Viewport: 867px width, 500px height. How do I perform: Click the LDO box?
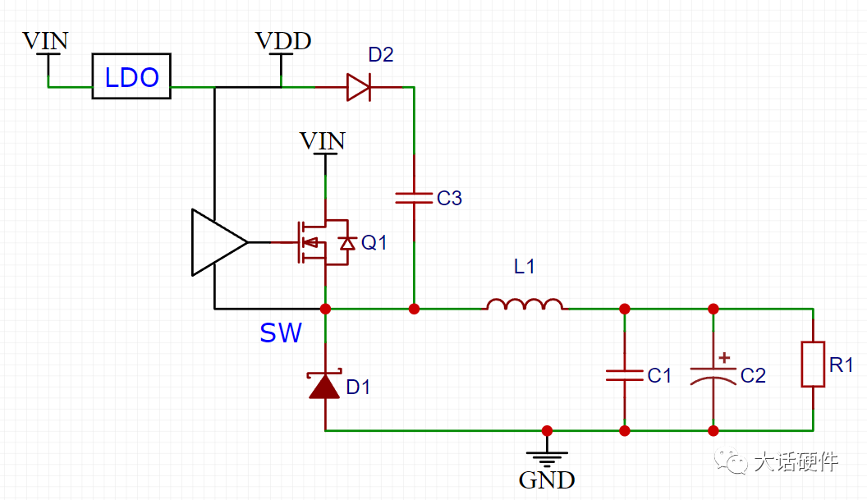[x=131, y=76]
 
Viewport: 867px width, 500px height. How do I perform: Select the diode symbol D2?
[x=358, y=87]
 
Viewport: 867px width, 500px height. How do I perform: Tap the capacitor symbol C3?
[x=414, y=198]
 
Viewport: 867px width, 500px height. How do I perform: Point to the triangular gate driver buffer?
[x=219, y=242]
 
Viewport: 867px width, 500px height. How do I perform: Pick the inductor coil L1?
[x=525, y=304]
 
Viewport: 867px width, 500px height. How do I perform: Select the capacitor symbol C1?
[x=625, y=375]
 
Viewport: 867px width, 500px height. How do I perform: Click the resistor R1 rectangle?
[x=813, y=364]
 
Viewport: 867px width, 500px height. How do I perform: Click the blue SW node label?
[x=281, y=333]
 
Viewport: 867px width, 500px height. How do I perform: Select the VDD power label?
[x=283, y=41]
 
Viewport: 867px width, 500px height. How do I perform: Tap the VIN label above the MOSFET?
[x=323, y=141]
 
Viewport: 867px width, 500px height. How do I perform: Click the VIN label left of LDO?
[x=45, y=41]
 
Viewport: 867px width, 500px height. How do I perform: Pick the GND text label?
[x=547, y=480]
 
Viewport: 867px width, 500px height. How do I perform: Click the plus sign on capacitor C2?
[x=724, y=358]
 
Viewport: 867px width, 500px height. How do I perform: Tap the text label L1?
[x=524, y=267]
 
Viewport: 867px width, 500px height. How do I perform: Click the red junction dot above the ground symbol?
[x=547, y=431]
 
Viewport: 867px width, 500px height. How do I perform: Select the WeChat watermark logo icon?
[x=731, y=460]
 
